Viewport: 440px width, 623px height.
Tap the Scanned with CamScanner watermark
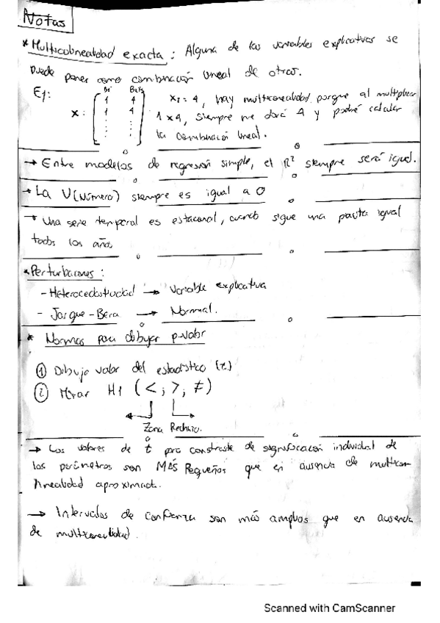pyautogui.click(x=330, y=608)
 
